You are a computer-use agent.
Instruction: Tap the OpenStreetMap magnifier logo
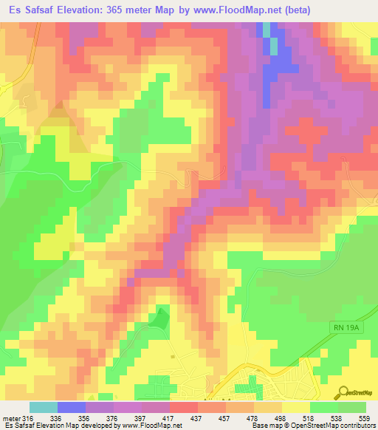pos(343,392)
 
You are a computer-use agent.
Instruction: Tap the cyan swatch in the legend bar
pos(43,407)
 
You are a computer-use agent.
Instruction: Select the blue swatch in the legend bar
pos(72,407)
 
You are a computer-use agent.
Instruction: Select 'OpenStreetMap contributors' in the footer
pos(335,426)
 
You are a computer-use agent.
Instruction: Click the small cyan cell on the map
pos(274,45)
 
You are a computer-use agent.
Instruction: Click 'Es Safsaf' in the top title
pos(27,10)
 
